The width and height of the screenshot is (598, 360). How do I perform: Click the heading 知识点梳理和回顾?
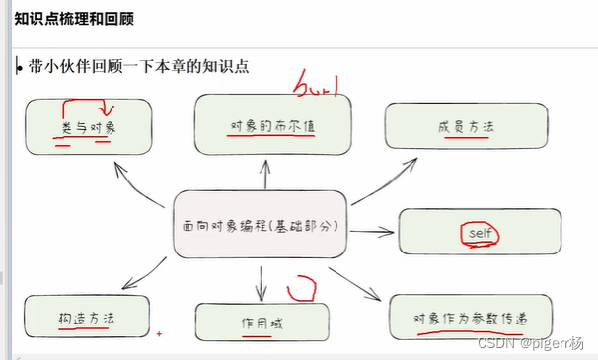point(75,19)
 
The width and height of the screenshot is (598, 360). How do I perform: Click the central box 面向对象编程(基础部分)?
point(259,226)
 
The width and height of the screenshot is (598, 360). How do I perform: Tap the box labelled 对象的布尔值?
point(272,125)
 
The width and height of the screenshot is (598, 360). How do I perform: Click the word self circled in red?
point(481,233)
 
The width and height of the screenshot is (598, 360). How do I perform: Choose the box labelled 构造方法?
point(87,318)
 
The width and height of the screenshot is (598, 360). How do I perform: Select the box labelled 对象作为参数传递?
point(472,317)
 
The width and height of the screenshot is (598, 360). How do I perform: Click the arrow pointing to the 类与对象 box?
point(138,183)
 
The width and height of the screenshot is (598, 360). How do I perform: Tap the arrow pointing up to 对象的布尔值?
point(264,175)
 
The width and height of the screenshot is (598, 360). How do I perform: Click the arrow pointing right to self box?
point(371,233)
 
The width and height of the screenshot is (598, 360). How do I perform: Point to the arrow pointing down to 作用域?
point(261,282)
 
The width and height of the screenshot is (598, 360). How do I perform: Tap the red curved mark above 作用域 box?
point(301,289)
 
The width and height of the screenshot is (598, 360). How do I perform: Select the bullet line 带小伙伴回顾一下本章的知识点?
point(138,67)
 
